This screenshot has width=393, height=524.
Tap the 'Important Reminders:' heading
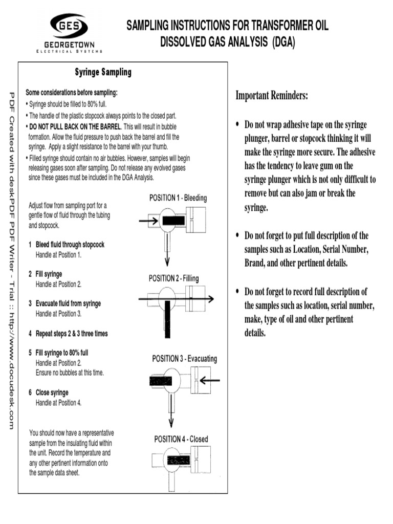click(272, 96)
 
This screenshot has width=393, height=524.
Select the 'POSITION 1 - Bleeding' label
click(178, 198)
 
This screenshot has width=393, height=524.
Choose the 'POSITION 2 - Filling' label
click(174, 278)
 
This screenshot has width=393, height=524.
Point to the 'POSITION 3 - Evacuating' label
click(184, 359)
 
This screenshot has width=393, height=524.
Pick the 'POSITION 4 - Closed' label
click(181, 439)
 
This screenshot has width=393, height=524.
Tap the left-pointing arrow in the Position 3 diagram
click(210, 380)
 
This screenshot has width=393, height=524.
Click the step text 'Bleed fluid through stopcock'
click(70, 245)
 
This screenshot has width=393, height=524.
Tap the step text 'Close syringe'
click(52, 392)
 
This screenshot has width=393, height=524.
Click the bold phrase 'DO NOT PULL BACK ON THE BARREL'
click(75, 126)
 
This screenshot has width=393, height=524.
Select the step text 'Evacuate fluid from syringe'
click(68, 303)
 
